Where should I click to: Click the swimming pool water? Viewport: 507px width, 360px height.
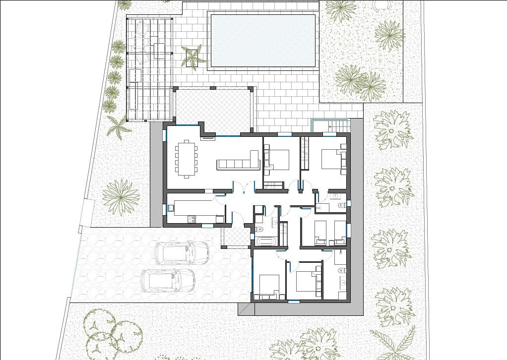pos(263,40)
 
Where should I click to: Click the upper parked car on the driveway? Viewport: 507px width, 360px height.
pos(181,252)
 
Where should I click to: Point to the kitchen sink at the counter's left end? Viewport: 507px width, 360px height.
pos(171,209)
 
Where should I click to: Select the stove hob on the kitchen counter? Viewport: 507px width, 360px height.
pos(190,218)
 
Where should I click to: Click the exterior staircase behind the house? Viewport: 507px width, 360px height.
pos(330,125)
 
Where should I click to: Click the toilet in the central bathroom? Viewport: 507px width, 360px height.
pos(260,229)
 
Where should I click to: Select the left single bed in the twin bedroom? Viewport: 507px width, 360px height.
pos(320,233)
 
